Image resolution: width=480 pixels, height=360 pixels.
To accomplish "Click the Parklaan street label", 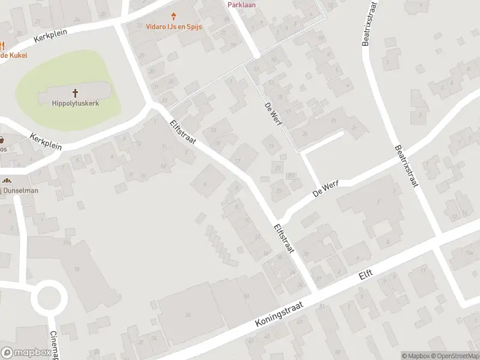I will tap(242, 5).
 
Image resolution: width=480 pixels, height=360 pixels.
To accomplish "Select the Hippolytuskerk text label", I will tap(76, 103).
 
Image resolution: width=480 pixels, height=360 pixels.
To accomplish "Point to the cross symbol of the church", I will tap(76, 92).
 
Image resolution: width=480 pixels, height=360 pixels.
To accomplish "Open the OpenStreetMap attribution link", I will tap(455, 356).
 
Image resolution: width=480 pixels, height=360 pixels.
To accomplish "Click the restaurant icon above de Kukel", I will tap(2, 45).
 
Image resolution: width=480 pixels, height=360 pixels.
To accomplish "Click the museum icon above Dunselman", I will tap(7, 180).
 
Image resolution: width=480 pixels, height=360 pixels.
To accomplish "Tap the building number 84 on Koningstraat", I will tap(247, 296).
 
